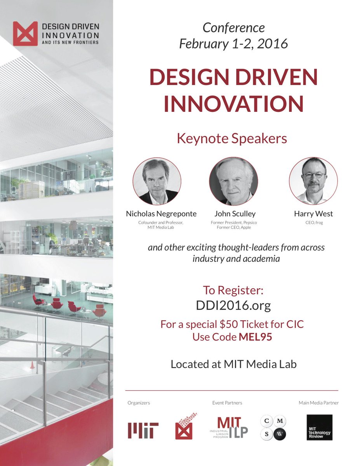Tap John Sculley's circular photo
tap(233, 181)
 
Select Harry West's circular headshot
tap(313, 181)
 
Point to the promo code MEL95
tap(255, 337)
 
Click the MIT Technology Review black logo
tap(319, 427)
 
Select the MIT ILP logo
tap(230, 427)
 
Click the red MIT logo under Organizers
tap(143, 430)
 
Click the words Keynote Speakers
tap(232, 139)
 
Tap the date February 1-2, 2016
tap(233, 43)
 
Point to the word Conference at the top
tap(234, 28)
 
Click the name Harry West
tap(313, 214)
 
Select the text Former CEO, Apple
tap(233, 228)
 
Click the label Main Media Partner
tap(318, 403)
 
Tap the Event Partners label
tap(227, 403)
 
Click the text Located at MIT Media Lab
tap(233, 364)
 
